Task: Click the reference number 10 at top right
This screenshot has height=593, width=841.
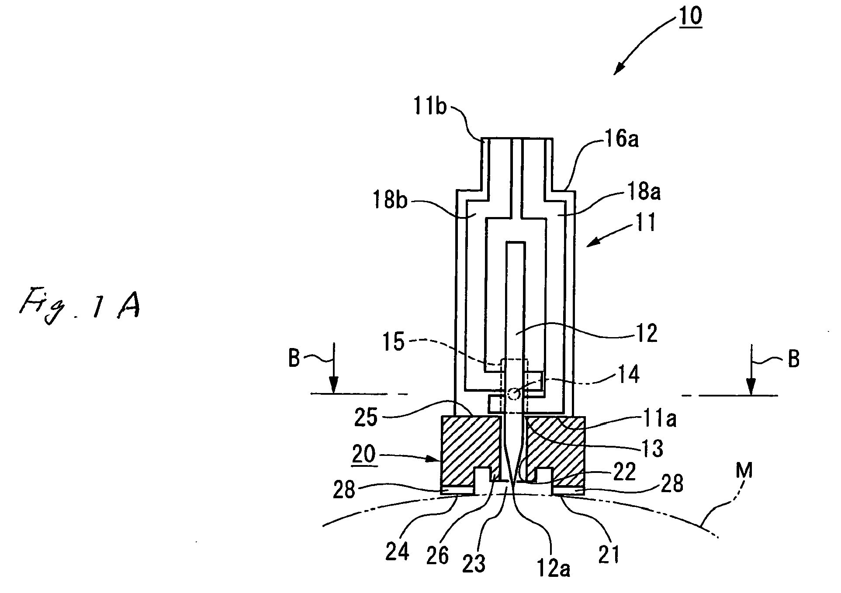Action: [690, 16]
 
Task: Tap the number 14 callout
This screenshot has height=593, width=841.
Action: [627, 374]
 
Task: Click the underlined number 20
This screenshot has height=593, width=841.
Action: [363, 454]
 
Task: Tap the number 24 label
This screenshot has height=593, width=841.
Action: [397, 552]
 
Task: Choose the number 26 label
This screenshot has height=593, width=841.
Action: [437, 555]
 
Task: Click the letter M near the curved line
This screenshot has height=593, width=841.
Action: [744, 471]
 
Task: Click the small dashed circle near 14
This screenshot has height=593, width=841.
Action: [514, 394]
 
